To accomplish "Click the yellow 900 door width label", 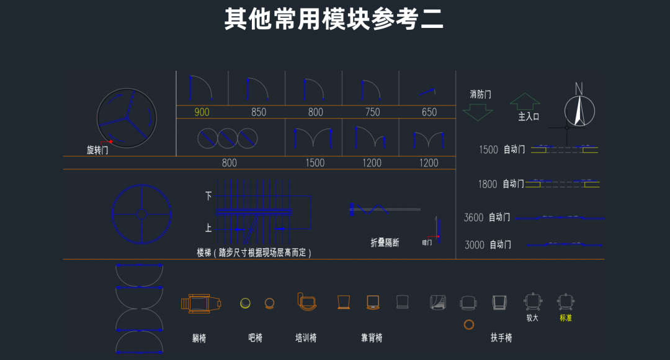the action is pyautogui.click(x=202, y=112).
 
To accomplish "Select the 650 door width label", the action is pyautogui.click(x=429, y=112).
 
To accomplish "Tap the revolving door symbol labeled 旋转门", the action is pyautogui.click(x=127, y=118).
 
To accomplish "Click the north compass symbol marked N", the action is pyautogui.click(x=579, y=108).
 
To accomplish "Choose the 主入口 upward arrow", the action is pyautogui.click(x=525, y=101).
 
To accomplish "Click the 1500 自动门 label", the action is pyautogui.click(x=502, y=150).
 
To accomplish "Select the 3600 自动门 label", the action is pyautogui.click(x=487, y=217).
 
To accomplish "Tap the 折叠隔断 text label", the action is pyautogui.click(x=385, y=243).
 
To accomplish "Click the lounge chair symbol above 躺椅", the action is pyautogui.click(x=200, y=304).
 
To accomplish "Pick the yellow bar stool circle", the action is pyautogui.click(x=246, y=303).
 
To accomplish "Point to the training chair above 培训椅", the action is pyautogui.click(x=306, y=302).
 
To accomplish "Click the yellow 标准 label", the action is pyautogui.click(x=566, y=318).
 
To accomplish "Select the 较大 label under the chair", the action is pyautogui.click(x=532, y=318).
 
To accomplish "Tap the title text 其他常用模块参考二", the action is pyautogui.click(x=334, y=19).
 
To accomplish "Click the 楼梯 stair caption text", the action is pyautogui.click(x=254, y=253).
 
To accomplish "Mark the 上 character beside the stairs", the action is pyautogui.click(x=208, y=228).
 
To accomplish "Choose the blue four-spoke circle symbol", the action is pyautogui.click(x=141, y=214).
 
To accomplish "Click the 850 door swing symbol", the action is pyautogui.click(x=257, y=90).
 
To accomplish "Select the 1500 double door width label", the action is pyautogui.click(x=315, y=163).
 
